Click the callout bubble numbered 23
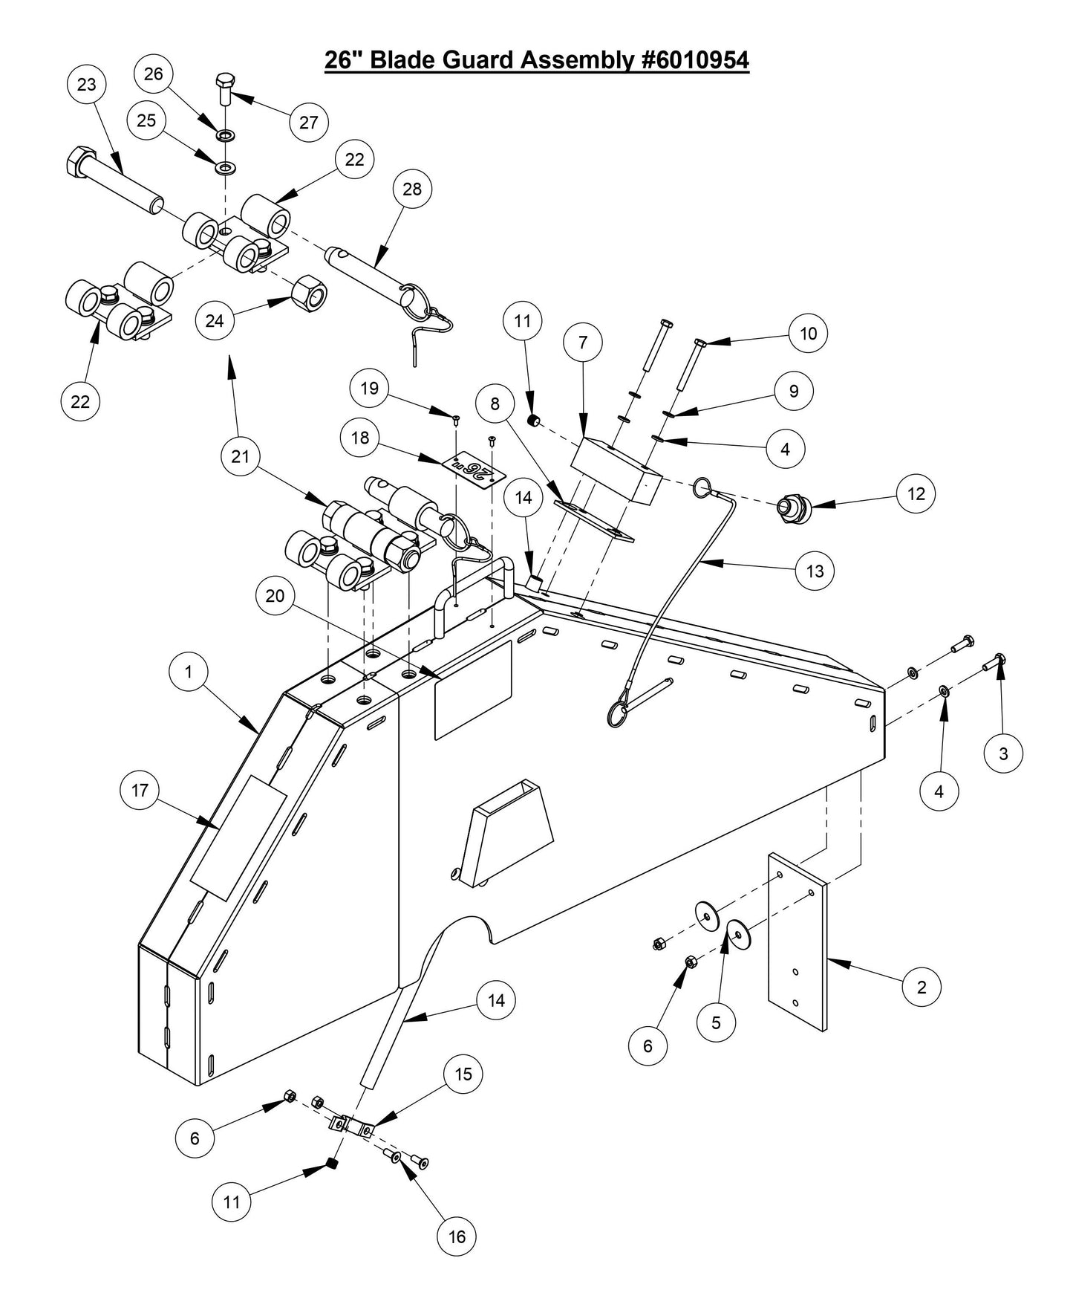point(87,85)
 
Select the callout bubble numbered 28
point(412,189)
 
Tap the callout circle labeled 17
point(140,791)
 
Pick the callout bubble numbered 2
point(922,987)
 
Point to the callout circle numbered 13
point(815,571)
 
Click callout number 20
point(275,597)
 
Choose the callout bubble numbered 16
point(457,1236)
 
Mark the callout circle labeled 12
point(916,494)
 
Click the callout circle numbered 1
point(189,672)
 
